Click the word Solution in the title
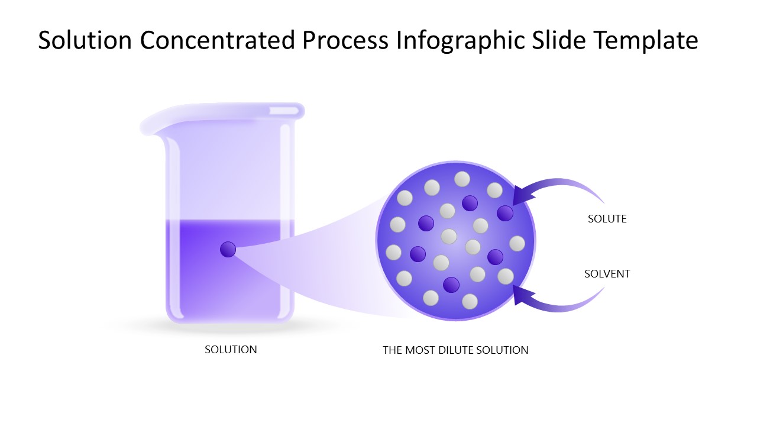[85, 41]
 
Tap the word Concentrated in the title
[217, 41]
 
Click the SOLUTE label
[607, 219]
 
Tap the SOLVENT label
[607, 274]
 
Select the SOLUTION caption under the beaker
[231, 350]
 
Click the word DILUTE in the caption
[457, 350]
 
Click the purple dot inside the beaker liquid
[228, 250]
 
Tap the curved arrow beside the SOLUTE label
[562, 186]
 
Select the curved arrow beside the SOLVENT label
[562, 302]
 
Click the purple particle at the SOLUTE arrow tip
[504, 213]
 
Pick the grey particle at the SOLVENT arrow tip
[506, 276]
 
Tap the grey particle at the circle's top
[462, 179]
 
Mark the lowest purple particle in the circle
[451, 285]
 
